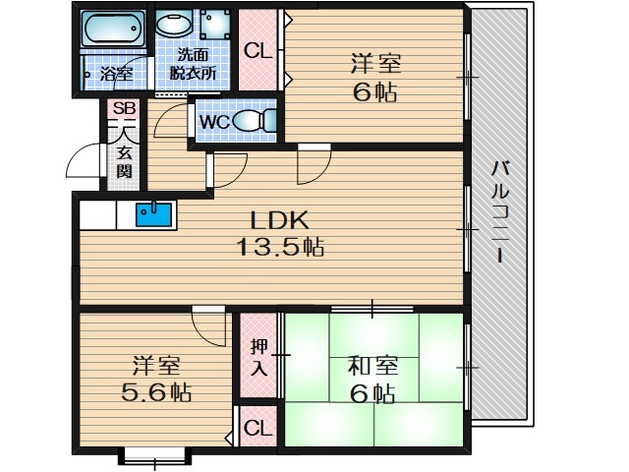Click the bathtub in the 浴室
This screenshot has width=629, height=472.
click(x=111, y=30)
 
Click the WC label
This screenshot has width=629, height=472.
click(x=215, y=121)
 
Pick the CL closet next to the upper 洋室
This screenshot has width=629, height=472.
click(x=259, y=51)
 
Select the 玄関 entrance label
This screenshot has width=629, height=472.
click(x=125, y=161)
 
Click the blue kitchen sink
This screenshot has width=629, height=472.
click(x=154, y=213)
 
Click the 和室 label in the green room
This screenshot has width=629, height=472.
click(x=372, y=367)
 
